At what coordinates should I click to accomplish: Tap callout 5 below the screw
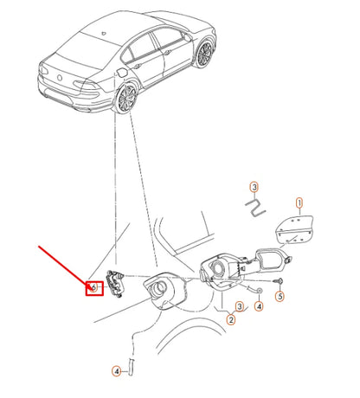pos(280,296)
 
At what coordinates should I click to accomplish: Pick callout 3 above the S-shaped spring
pos(254,187)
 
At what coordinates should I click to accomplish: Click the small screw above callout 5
pos(280,281)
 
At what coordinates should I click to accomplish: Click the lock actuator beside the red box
pos(113,280)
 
